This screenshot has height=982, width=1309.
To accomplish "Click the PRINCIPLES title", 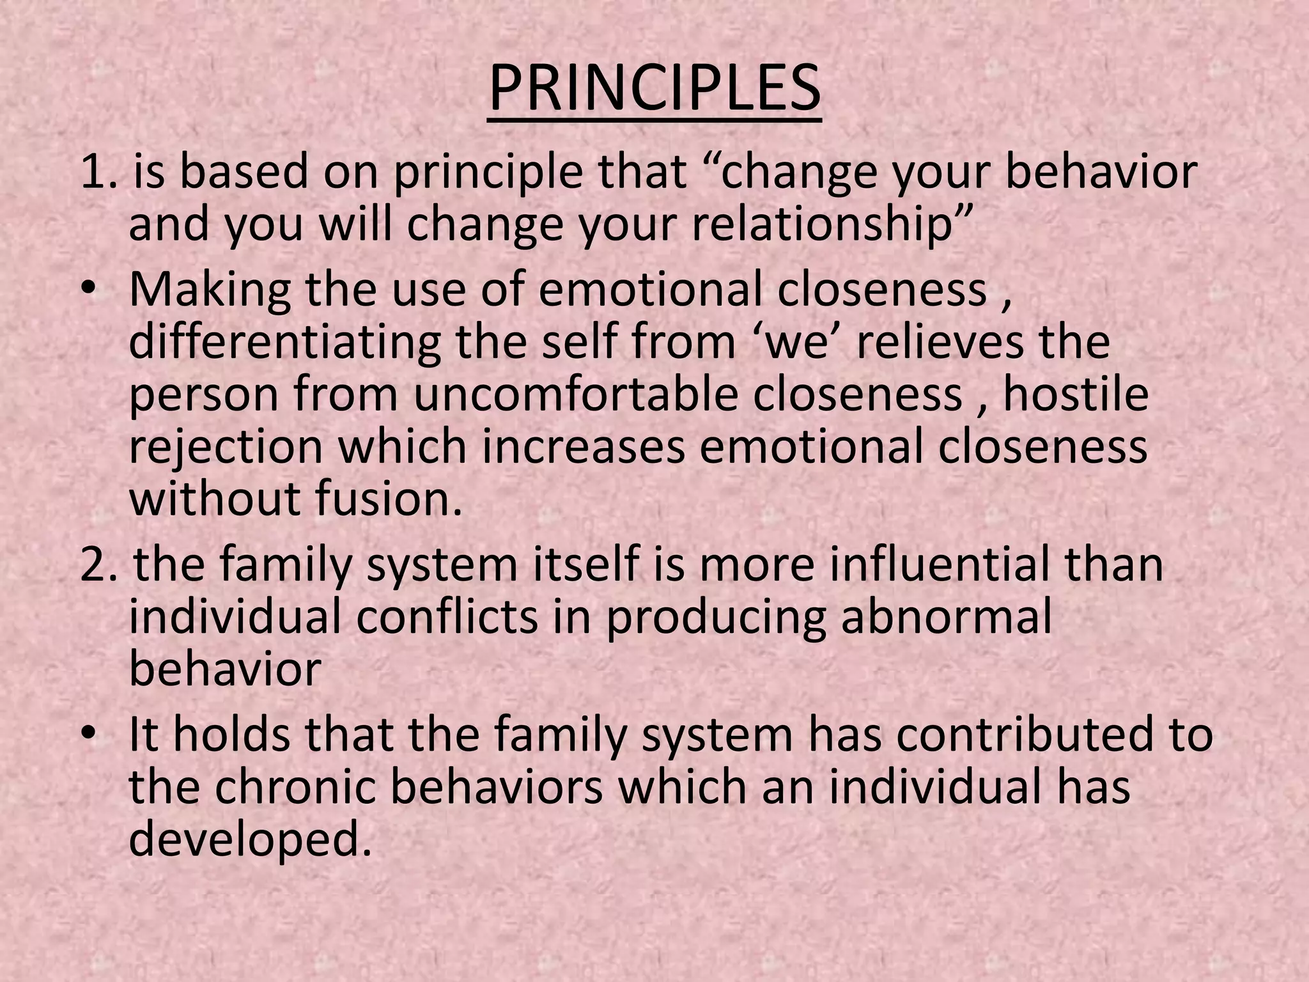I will click(x=654, y=88).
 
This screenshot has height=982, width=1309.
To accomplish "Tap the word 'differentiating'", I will click(x=284, y=341).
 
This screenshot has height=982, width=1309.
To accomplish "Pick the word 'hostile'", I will click(x=1076, y=394).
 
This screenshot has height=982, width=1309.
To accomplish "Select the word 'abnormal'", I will click(x=945, y=618).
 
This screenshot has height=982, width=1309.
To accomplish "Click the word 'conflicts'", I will click(x=447, y=618).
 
